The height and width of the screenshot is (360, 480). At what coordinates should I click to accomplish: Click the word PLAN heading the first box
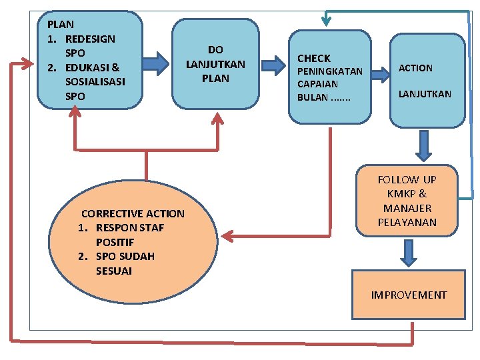[x=61, y=24]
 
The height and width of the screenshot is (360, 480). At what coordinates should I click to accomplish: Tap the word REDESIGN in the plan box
[x=90, y=39]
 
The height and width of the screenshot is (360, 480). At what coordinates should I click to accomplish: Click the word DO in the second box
[x=215, y=49]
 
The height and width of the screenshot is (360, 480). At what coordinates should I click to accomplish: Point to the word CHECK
[x=314, y=59]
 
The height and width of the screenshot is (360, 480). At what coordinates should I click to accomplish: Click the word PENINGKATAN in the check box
[x=330, y=71]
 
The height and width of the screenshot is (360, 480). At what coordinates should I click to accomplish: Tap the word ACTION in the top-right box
[x=415, y=68]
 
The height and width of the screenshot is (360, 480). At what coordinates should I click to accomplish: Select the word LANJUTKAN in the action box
[x=425, y=94]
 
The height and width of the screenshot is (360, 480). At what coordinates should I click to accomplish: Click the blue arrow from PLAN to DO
[x=157, y=63]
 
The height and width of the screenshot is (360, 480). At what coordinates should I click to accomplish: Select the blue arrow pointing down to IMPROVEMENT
[x=409, y=253]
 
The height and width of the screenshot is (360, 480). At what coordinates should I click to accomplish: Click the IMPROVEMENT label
[x=409, y=295]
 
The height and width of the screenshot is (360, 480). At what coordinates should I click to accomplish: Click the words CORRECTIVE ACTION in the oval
[x=133, y=214]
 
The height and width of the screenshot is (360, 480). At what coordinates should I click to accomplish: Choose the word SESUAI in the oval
[x=114, y=271]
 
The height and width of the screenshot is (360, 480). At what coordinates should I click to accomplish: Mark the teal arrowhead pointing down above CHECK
[x=327, y=20]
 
